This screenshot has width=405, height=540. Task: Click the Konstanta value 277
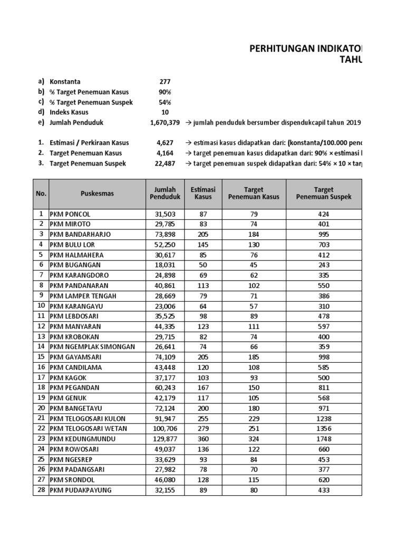coord(165,82)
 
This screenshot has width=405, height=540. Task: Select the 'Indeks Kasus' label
coord(69,112)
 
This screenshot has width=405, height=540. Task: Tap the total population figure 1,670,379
coord(165,122)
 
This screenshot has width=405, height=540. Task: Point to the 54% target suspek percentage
coord(165,102)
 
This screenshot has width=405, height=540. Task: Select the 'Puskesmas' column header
coord(97,194)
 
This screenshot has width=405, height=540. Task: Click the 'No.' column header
coord(41,194)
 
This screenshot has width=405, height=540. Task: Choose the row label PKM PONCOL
coord(70,214)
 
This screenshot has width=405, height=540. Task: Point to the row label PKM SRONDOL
coord(73,480)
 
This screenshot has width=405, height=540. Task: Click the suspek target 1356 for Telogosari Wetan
coord(323,429)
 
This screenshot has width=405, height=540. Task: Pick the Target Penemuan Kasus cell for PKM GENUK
coord(254,398)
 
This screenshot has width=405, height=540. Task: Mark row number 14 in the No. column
coord(41,347)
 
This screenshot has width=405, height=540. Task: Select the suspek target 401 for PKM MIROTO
coord(323,224)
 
